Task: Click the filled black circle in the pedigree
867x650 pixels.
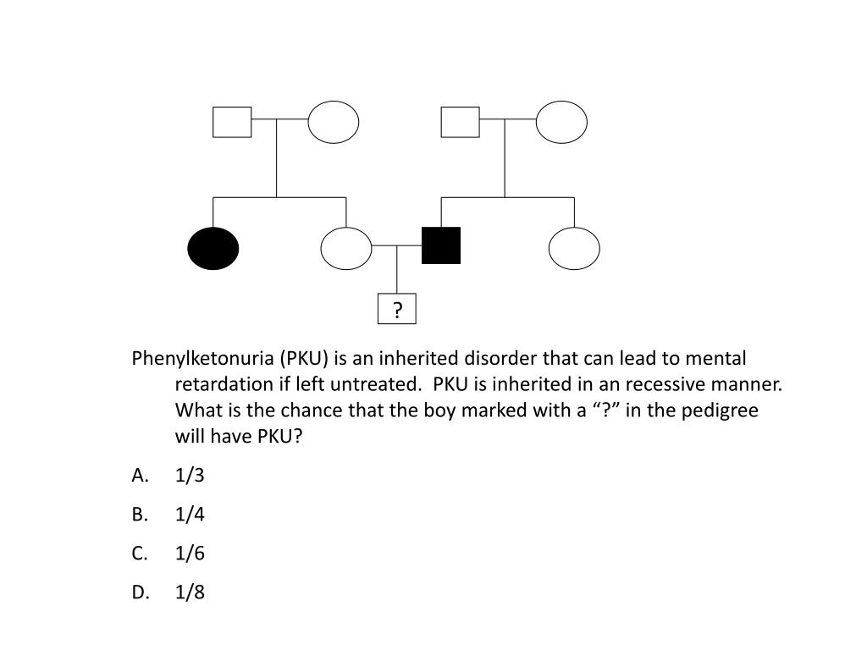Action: [x=213, y=249]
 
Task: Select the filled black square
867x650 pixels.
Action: [x=441, y=245]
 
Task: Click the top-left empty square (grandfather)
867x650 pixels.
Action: [x=232, y=122]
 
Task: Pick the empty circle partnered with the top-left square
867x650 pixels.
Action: [x=334, y=122]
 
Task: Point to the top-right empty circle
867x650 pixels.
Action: [x=561, y=122]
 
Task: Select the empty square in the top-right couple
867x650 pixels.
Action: [x=460, y=122]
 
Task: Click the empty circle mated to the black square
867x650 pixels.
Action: [x=346, y=249]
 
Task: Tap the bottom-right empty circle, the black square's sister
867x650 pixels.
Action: [x=574, y=249]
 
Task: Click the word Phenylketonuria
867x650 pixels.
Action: [x=191, y=358]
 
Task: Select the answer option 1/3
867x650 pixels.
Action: [x=190, y=476]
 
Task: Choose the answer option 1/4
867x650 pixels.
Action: [x=190, y=515]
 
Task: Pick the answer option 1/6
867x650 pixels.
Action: [x=190, y=554]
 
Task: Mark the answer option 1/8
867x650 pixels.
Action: [x=190, y=592]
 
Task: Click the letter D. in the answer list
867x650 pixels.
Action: [x=141, y=592]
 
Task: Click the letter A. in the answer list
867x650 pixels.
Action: [x=141, y=476]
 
